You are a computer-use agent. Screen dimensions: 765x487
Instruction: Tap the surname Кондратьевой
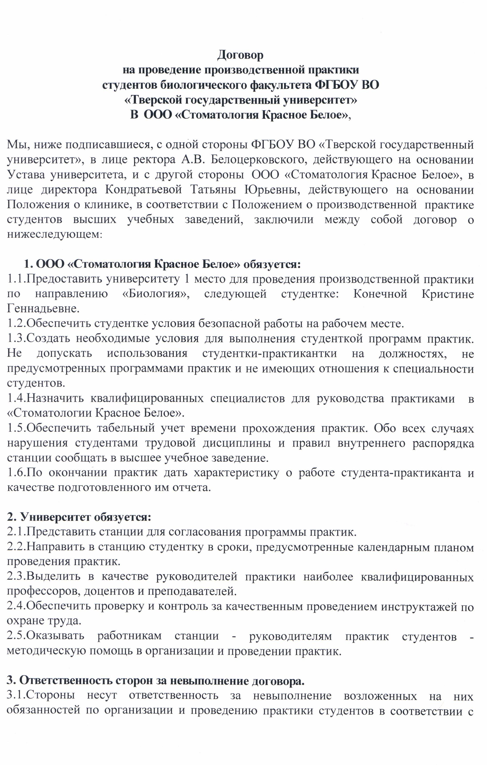143,190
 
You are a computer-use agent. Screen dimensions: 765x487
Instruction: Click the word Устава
25,175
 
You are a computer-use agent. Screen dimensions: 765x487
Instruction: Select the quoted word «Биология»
156,294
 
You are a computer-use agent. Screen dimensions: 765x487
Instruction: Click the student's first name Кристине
448,294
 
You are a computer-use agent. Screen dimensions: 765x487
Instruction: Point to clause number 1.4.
16,398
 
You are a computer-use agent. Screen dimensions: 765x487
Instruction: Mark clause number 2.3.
16,577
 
